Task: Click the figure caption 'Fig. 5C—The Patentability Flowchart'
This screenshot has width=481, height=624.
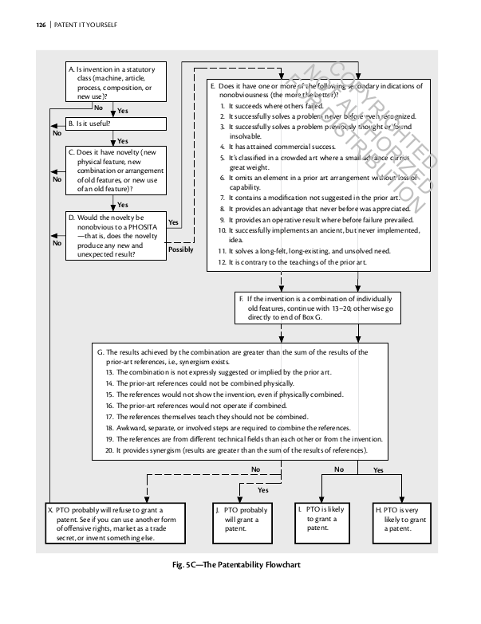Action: pyautogui.click(x=240, y=565)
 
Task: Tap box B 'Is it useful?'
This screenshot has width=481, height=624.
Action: pyautogui.click(x=116, y=124)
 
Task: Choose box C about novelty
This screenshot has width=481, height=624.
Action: pyautogui.click(x=116, y=170)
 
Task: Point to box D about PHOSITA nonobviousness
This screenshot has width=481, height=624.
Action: pyautogui.click(x=116, y=235)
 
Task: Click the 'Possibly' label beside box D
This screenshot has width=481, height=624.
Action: pyautogui.click(x=180, y=249)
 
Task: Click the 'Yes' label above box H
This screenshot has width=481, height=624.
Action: pyautogui.click(x=378, y=470)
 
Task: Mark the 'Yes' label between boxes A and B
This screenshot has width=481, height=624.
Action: pyautogui.click(x=123, y=111)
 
